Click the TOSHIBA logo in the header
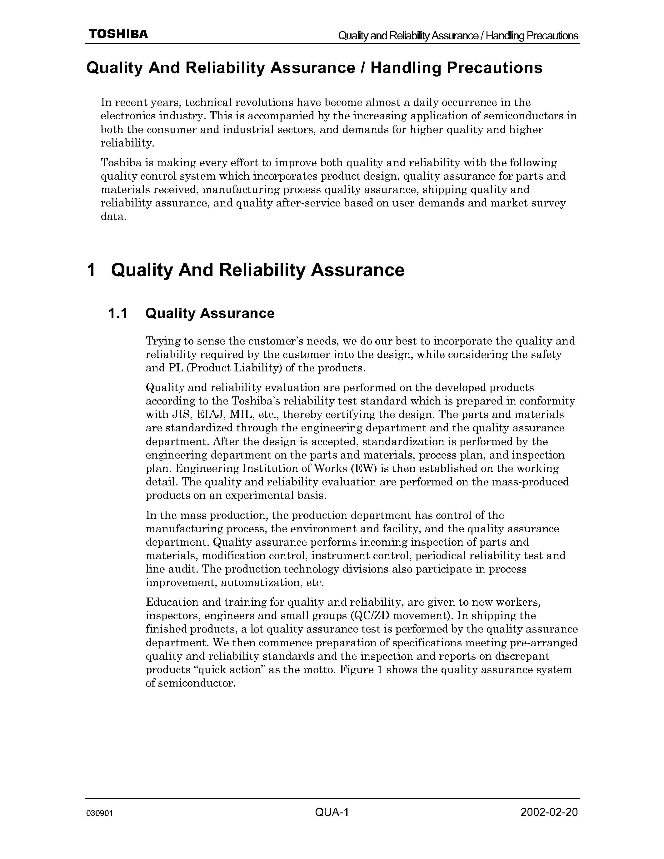click(118, 35)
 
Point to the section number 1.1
click(117, 314)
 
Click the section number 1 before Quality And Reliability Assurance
click(91, 270)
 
